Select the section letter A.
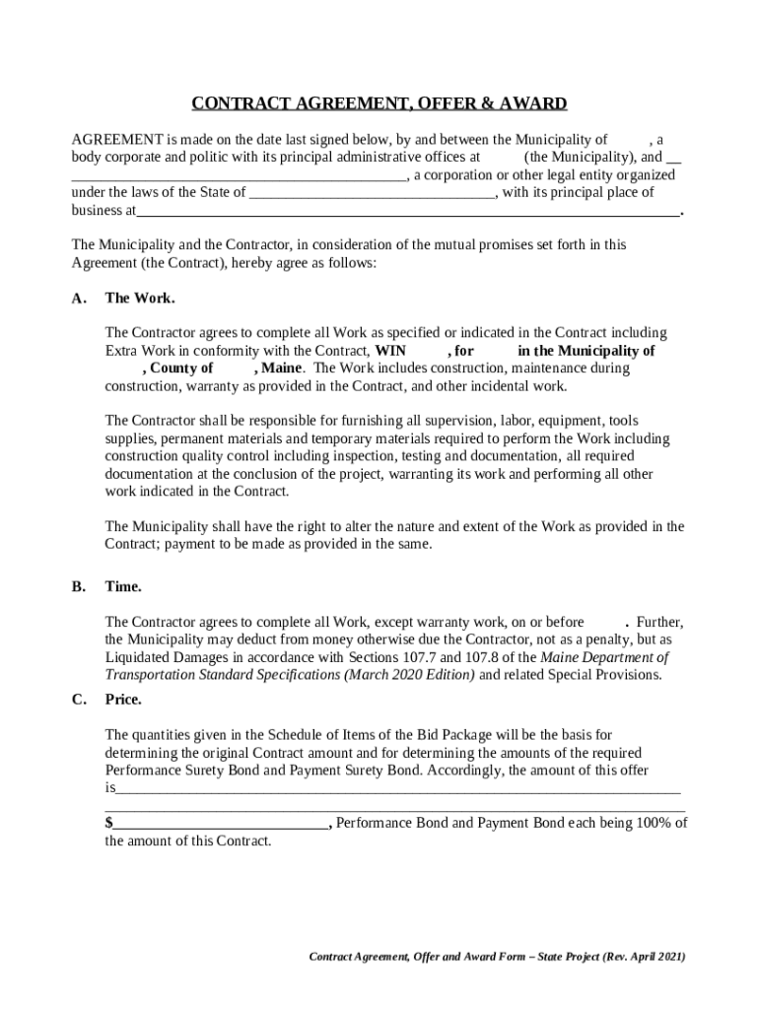click(x=79, y=298)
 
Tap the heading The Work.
click(x=140, y=298)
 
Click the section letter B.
click(x=79, y=586)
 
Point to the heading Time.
click(x=123, y=586)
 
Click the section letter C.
click(x=79, y=700)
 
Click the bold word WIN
click(x=391, y=351)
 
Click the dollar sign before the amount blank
click(x=108, y=823)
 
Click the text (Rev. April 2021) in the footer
click(x=636, y=957)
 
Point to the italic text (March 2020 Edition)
click(x=409, y=675)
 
